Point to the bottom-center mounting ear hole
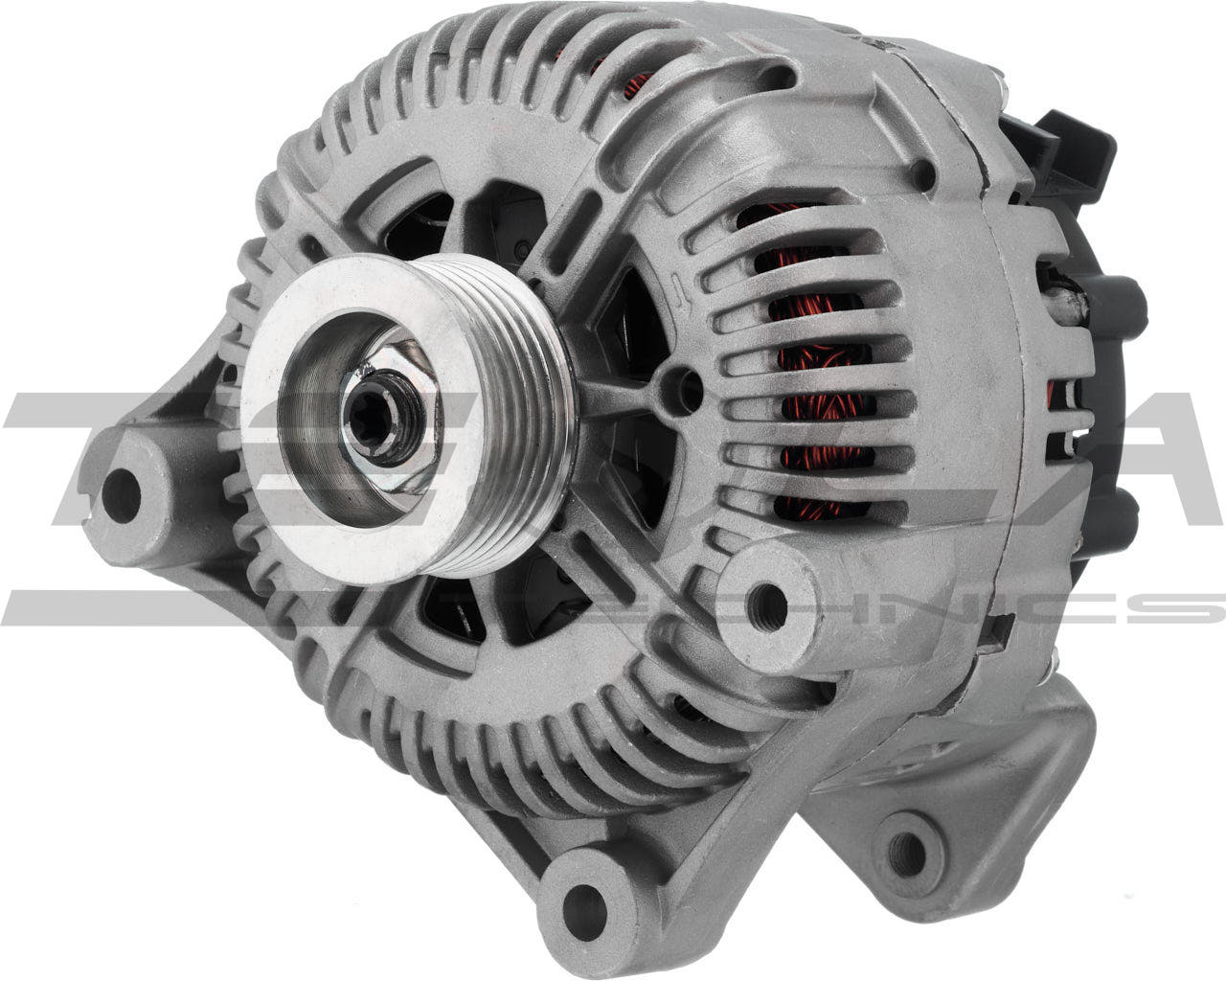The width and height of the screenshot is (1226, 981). click(579, 896)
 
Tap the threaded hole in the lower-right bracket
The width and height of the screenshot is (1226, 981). click(904, 847)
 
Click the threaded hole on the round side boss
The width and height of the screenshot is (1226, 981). click(767, 601)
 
